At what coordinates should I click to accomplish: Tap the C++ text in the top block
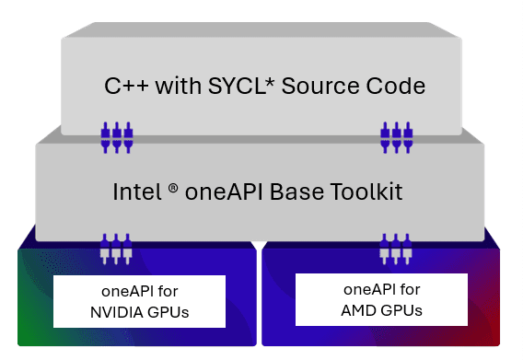124,87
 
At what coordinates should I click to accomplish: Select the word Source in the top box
328,87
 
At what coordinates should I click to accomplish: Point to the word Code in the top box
397,87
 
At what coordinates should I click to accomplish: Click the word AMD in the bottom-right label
357,309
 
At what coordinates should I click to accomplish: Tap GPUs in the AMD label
401,309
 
